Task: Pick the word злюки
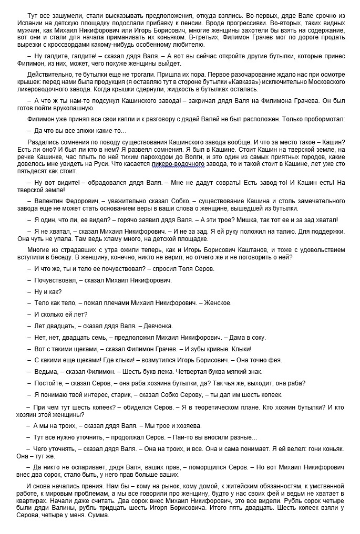click(78, 130)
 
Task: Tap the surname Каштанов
click(280, 249)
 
